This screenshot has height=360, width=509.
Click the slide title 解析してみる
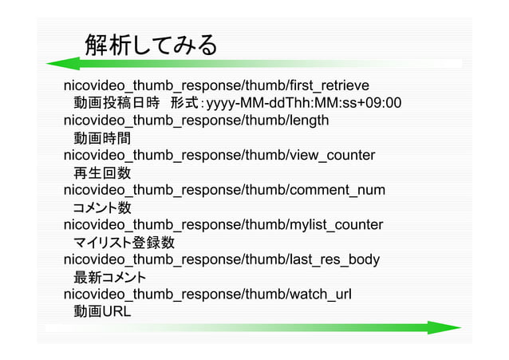tap(150, 45)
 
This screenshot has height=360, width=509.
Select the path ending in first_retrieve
tap(215, 85)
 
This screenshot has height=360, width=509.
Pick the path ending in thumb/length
tap(195, 121)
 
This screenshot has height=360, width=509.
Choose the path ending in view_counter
tap(219, 155)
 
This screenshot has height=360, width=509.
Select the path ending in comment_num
tap(223, 190)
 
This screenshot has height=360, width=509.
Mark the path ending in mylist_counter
tap(223, 225)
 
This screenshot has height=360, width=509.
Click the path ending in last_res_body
tap(221, 259)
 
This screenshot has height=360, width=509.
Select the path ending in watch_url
tap(207, 295)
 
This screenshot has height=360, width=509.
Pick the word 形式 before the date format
tap(184, 103)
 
